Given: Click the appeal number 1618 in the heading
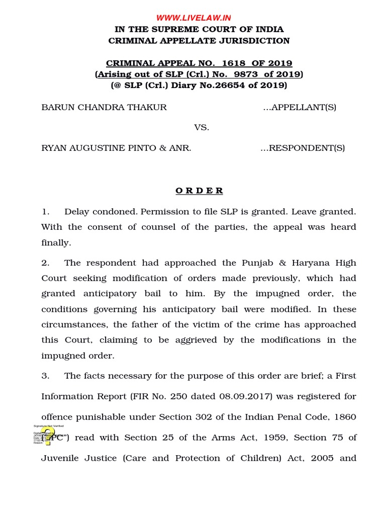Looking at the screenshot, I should click(230, 63).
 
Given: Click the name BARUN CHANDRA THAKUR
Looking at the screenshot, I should click(104, 107).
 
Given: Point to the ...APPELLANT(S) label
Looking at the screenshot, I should click(300, 107).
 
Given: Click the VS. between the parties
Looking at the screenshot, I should click(201, 128).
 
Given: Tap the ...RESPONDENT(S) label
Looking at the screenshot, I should click(303, 148).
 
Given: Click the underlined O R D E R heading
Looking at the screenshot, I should click(199, 191).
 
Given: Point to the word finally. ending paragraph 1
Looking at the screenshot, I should click(56, 242).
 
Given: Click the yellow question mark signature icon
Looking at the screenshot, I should click(46, 437).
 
